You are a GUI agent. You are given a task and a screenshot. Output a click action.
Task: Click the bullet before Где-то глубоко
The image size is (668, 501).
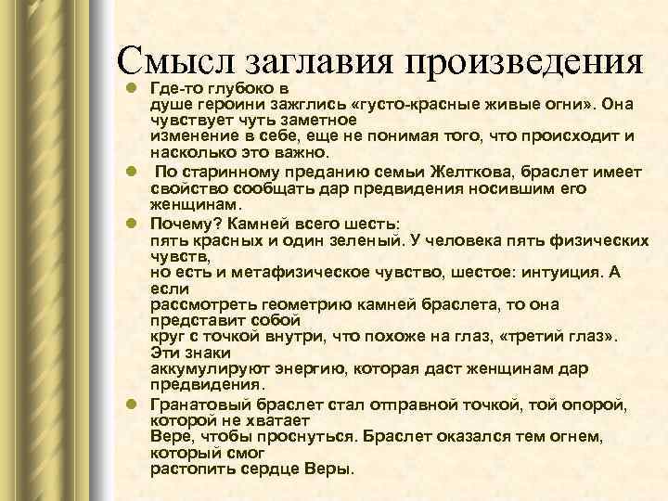[134, 88]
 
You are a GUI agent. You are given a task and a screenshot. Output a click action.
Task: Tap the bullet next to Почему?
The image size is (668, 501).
[134, 225]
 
